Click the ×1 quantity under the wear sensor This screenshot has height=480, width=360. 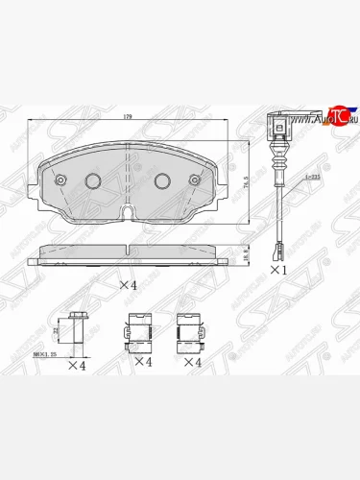pyautogui.click(x=278, y=270)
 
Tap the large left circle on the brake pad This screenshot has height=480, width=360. pyautogui.click(x=94, y=180)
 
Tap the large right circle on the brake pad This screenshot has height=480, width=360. pyautogui.click(x=162, y=180)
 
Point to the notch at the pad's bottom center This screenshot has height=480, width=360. pyautogui.click(x=129, y=211)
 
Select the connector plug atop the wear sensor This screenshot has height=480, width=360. pyautogui.click(x=271, y=124)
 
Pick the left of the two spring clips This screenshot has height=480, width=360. pyautogui.click(x=138, y=332)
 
